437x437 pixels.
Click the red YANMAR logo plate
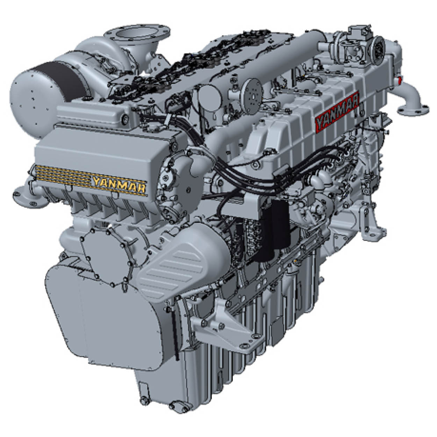[x=337, y=112]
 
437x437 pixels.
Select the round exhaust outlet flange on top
[x=137, y=34]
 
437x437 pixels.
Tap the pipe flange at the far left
[x=27, y=197]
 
